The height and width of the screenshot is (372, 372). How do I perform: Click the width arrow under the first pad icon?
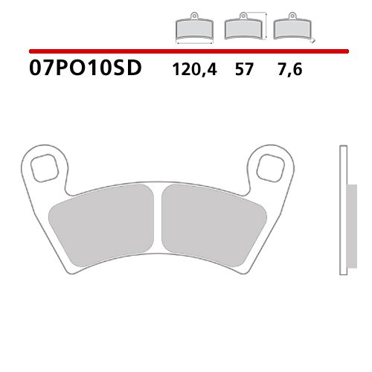coord(194,42)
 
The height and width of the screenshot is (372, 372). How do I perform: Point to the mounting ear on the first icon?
coord(194,16)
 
